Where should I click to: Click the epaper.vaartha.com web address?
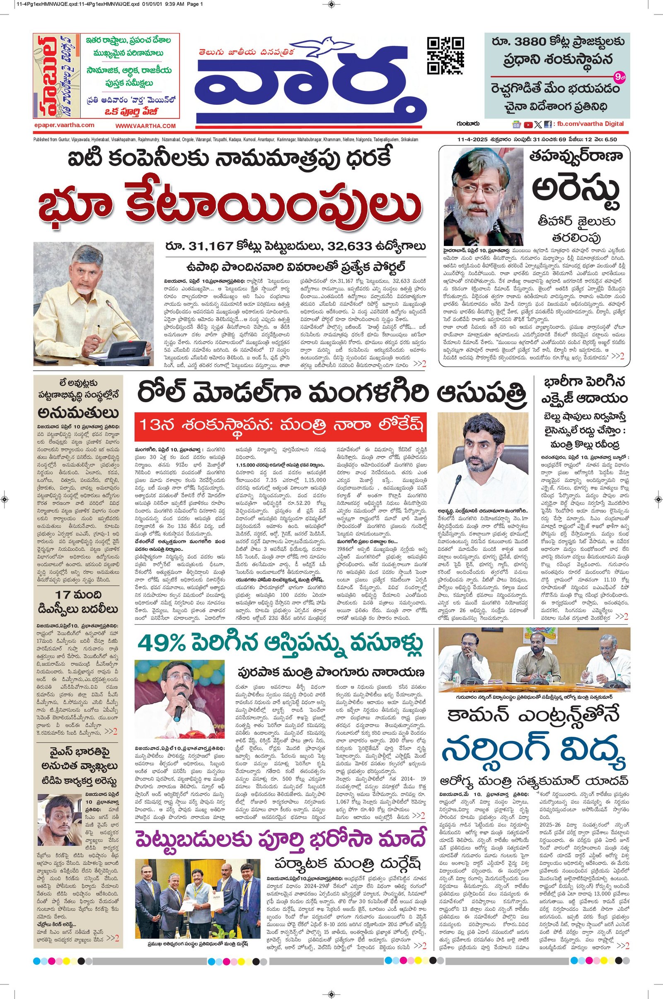click(x=64, y=125)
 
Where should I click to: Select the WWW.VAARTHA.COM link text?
click(x=145, y=125)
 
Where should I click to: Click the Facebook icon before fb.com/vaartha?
click(x=547, y=125)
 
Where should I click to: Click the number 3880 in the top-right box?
click(x=532, y=43)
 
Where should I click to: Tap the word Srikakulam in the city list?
click(x=407, y=140)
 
